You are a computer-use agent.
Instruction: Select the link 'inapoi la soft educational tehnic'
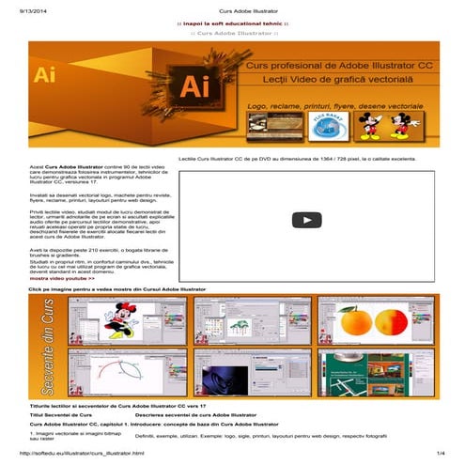click(232, 22)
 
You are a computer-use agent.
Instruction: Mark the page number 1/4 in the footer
click(440, 454)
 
